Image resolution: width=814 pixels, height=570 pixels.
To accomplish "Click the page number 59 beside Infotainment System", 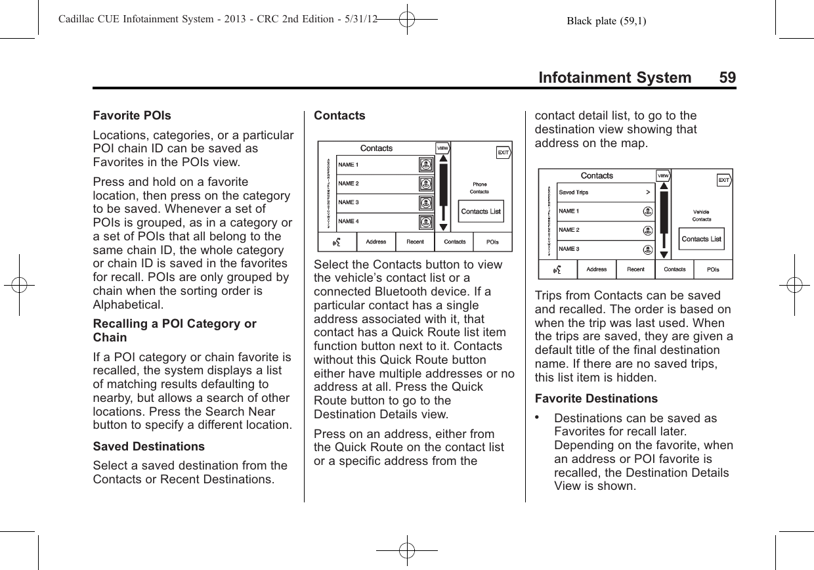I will pos(727,77).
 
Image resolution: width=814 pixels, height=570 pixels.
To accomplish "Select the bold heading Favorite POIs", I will pos(132,116).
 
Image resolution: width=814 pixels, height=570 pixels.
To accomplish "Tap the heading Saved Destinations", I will pos(149,447).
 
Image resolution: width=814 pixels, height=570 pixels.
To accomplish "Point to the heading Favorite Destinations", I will pos(596,399).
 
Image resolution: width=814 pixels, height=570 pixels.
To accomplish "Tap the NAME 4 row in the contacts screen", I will pos(375,222).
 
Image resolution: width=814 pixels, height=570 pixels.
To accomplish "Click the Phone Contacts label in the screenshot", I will pos(479,188).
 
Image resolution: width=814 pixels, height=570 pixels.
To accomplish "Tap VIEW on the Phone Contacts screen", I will pos(442,148).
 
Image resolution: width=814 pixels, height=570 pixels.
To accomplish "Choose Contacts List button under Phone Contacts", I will pos(481,211).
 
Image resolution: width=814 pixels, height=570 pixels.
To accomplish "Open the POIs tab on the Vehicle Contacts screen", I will pos(713,269).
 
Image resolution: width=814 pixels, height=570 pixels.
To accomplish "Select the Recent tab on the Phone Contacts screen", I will pos(415,242).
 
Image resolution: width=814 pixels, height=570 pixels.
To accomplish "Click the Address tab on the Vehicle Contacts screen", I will pos(597,269).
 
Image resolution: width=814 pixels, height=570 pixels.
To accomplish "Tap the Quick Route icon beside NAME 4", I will pos(426,222).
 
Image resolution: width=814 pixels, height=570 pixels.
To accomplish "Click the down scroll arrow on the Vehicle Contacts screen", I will pos(664,255).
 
